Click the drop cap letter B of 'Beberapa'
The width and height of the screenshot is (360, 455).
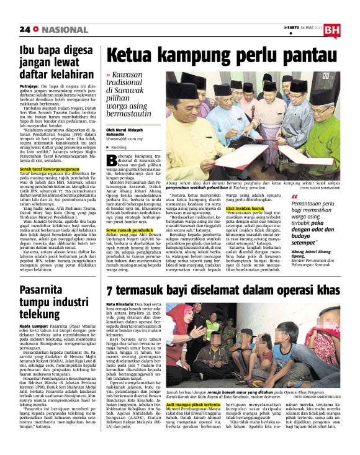[112, 158]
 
